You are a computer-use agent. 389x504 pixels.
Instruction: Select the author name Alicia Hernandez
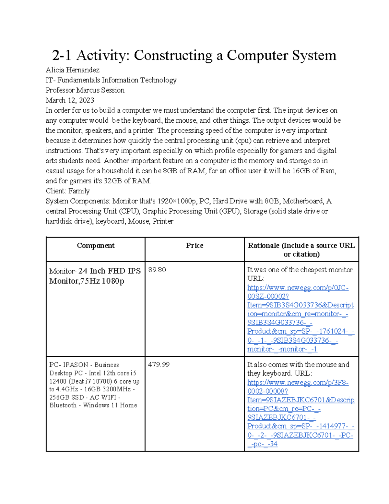73,70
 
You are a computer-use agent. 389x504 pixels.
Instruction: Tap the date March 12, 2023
70,100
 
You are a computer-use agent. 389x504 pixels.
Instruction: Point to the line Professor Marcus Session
85,90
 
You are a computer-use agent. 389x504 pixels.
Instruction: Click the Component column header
96,246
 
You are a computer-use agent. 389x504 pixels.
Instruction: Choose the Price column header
194,246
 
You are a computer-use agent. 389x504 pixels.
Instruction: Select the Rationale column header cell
301,250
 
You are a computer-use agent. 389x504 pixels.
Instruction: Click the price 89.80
157,270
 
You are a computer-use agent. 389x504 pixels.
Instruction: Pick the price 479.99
159,365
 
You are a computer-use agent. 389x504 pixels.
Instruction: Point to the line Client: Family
68,191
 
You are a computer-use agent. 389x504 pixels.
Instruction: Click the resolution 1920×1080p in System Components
177,201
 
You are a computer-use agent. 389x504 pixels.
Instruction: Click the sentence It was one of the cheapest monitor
301,270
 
